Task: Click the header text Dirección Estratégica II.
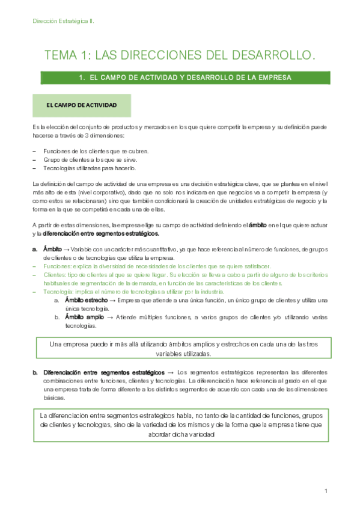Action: [x=63, y=21]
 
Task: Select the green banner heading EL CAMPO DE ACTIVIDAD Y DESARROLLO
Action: [x=185, y=78]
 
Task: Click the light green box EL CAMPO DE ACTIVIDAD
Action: [x=82, y=105]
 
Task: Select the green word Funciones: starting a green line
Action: [x=59, y=265]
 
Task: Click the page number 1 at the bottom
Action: [x=325, y=491]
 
